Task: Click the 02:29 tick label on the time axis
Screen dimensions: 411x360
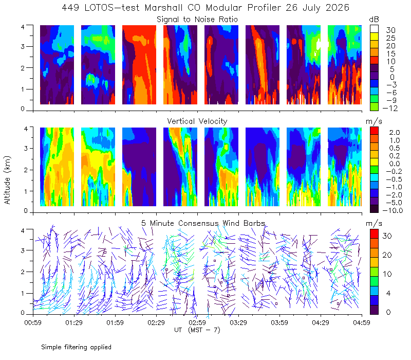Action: [156, 322]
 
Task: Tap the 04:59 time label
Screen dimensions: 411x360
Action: [362, 322]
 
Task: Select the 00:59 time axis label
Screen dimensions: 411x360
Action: [33, 322]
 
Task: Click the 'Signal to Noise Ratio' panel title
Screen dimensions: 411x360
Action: [197, 20]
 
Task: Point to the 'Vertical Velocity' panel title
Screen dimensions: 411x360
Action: [197, 121]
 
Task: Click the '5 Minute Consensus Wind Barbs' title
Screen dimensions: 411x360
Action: [203, 223]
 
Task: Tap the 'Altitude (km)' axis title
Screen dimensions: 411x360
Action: [7, 181]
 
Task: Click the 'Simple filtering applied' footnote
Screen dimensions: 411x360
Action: [76, 347]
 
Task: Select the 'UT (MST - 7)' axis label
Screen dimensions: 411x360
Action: [197, 330]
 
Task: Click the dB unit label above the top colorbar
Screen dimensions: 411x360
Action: [374, 20]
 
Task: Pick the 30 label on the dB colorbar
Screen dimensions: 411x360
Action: [390, 30]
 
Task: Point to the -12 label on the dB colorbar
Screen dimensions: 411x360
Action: [390, 108]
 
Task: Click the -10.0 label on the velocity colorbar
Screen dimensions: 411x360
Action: [393, 210]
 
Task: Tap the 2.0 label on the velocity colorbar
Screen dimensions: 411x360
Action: [395, 132]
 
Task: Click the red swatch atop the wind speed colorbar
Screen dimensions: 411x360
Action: [374, 233]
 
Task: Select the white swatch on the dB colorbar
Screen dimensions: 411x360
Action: [374, 29]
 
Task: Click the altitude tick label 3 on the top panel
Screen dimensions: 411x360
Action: [23, 46]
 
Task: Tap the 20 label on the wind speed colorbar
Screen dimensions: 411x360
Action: [387, 255]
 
